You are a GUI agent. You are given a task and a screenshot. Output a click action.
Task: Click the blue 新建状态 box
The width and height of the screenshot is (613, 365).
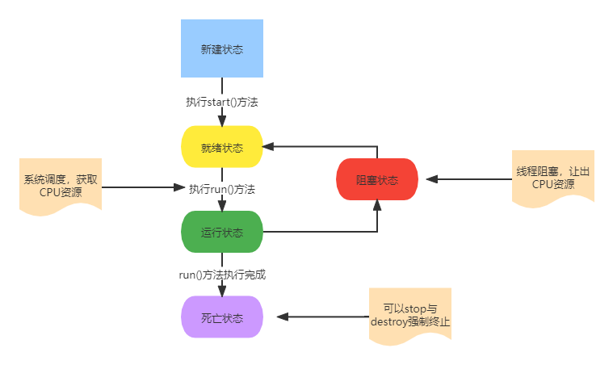tap(221, 48)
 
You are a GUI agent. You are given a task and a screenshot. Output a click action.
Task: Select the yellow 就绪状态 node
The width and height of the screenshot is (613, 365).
tap(221, 147)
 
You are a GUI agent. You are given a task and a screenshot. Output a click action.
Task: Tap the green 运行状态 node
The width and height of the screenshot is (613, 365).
tap(221, 232)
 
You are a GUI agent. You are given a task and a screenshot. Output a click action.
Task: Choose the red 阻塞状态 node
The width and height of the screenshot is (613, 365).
tap(376, 179)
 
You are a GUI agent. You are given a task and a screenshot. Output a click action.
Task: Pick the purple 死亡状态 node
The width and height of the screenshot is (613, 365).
tap(221, 317)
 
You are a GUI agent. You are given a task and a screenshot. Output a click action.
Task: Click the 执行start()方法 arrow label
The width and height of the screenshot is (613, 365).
tap(221, 103)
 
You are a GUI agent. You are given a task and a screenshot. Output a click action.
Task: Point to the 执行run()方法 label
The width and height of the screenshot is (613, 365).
tap(222, 189)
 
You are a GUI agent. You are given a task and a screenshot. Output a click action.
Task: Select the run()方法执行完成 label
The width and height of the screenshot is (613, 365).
tap(222, 275)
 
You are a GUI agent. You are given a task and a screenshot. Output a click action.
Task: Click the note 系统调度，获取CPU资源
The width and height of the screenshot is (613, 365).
tap(60, 186)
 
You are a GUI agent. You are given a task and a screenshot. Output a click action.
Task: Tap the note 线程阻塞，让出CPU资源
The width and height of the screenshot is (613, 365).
tap(552, 178)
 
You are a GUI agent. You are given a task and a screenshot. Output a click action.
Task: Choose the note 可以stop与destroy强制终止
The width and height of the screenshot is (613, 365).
tap(409, 315)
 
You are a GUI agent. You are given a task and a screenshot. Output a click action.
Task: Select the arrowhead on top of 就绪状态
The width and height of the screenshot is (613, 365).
tap(221, 121)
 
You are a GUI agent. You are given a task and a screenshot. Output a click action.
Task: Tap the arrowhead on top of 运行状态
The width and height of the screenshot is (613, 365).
tap(221, 206)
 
